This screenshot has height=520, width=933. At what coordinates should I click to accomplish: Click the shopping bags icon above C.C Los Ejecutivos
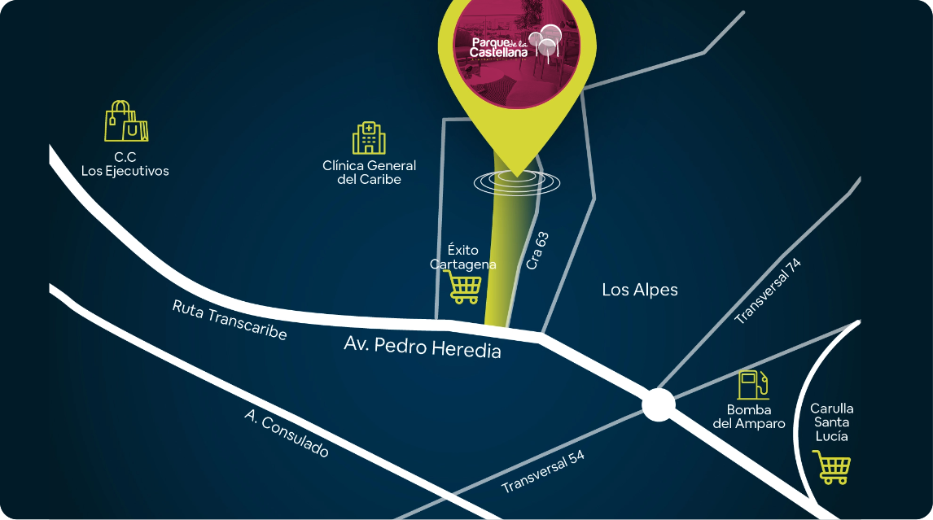point(126,122)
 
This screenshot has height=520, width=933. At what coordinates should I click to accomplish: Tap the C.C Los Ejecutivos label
point(125,164)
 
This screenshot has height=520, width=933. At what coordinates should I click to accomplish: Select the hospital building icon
point(369,138)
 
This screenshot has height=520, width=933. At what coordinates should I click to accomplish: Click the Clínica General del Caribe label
point(369,172)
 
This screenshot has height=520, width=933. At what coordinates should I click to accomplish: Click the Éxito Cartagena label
point(462,256)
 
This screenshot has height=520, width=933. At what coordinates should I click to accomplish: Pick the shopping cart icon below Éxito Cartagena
point(465,286)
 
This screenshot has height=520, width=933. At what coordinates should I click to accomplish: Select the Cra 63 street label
point(537,251)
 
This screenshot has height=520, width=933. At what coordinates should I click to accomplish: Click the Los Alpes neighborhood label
point(639,290)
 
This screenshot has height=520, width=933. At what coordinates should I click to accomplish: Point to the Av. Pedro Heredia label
point(422,347)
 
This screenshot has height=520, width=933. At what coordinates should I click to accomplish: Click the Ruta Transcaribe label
point(230,320)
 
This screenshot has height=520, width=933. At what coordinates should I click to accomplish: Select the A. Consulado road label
point(287,433)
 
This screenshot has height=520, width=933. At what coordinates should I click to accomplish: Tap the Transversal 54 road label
point(543,472)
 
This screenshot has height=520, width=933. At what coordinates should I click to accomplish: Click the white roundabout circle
point(658,404)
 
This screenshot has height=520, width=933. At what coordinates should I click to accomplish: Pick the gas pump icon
point(753,384)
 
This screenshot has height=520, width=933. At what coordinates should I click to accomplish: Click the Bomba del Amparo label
point(749,417)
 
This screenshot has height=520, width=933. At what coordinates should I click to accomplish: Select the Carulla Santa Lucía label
point(831,422)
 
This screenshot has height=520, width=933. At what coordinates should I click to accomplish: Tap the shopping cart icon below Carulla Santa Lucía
point(833,468)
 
